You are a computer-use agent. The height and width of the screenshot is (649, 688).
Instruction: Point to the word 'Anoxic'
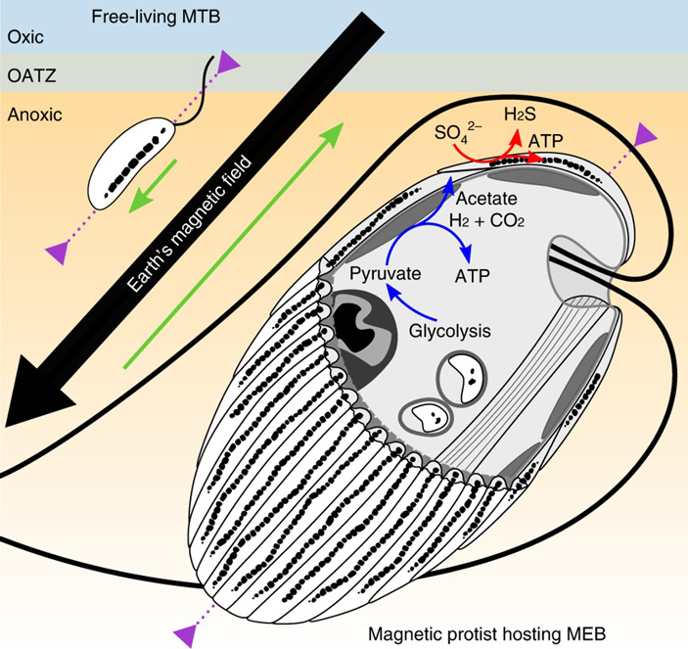(x=34, y=115)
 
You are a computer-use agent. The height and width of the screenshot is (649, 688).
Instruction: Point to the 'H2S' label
(x=520, y=116)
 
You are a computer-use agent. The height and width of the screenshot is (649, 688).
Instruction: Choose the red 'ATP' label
(x=545, y=142)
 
